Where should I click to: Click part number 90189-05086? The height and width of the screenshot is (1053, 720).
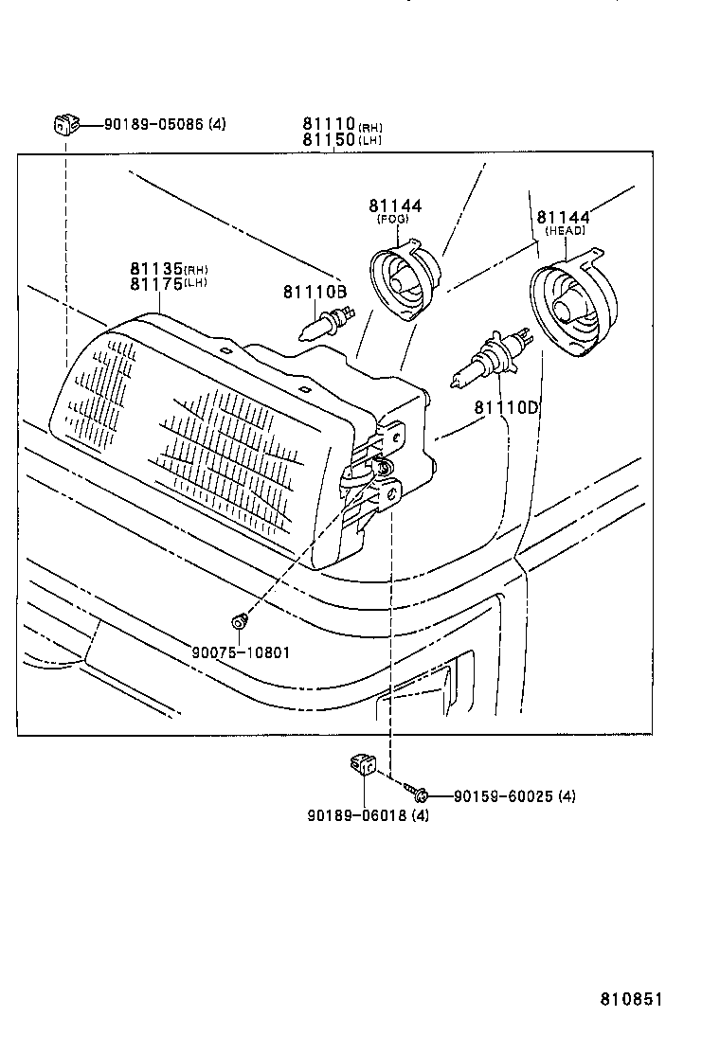tap(153, 124)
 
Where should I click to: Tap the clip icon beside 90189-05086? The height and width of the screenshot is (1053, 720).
tap(65, 124)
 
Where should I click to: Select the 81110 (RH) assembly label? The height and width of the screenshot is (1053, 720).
tap(343, 124)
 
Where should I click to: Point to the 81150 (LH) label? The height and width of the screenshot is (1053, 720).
tap(342, 140)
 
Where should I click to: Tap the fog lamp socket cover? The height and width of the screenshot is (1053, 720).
tap(405, 279)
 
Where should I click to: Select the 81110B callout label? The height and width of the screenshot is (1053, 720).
tap(315, 292)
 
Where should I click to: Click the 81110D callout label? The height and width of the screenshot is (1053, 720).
tap(507, 407)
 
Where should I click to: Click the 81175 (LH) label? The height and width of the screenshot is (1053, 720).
tap(169, 283)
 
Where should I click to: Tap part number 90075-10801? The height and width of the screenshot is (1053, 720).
tap(242, 652)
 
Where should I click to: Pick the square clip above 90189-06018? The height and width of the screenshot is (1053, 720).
tap(364, 764)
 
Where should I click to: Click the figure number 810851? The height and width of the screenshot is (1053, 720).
tap(631, 999)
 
